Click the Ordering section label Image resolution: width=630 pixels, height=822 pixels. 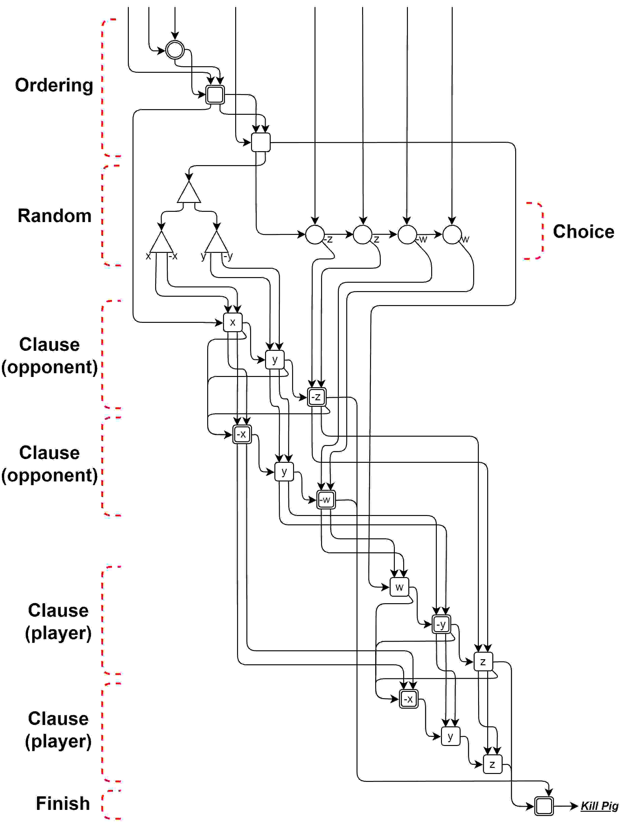pyautogui.click(x=54, y=85)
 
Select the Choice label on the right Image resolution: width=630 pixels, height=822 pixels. pyautogui.click(x=584, y=232)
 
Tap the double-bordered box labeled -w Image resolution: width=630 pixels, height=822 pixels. pyautogui.click(x=326, y=500)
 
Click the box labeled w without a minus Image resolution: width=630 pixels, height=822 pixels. pyautogui.click(x=399, y=587)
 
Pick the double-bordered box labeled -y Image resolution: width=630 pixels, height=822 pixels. pyautogui.click(x=441, y=624)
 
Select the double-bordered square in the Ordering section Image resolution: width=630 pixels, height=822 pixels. pyautogui.click(x=215, y=94)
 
